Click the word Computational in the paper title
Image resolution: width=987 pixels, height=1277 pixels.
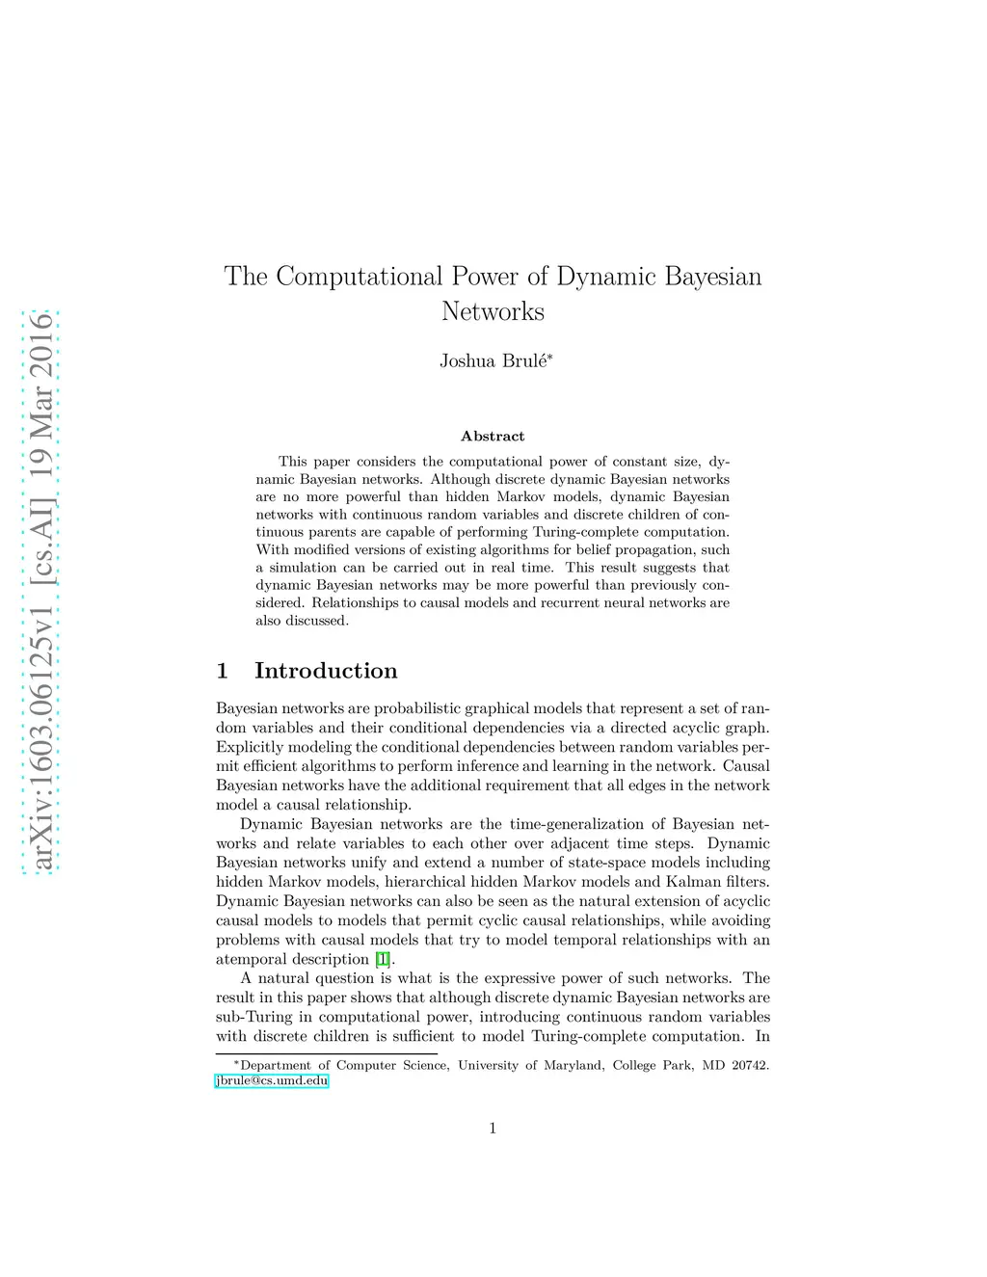point(359,277)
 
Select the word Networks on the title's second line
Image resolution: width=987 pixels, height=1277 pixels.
point(493,311)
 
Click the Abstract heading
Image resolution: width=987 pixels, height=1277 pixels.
point(493,437)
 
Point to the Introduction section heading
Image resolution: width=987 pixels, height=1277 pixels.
point(326,671)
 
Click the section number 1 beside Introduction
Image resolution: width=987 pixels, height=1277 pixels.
point(223,671)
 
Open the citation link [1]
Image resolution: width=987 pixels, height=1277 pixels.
point(383,959)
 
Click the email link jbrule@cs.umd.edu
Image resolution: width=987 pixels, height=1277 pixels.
point(272,1081)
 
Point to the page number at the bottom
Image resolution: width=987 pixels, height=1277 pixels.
point(493,1129)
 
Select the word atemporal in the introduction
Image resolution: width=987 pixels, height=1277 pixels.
point(248,959)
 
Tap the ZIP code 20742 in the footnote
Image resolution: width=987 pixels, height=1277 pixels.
point(749,1066)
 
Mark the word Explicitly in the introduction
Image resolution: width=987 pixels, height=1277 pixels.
point(248,747)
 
